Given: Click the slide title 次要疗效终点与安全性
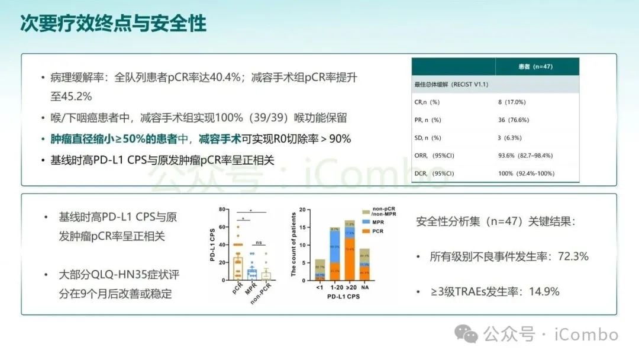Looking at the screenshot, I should (x=114, y=24).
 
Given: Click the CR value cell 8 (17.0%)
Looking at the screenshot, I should (x=512, y=102).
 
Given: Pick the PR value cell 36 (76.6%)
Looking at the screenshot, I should (x=514, y=120).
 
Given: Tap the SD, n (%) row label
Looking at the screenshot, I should (x=428, y=138).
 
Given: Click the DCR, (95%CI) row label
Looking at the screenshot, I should (x=434, y=173).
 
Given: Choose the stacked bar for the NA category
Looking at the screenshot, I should (x=364, y=265).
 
